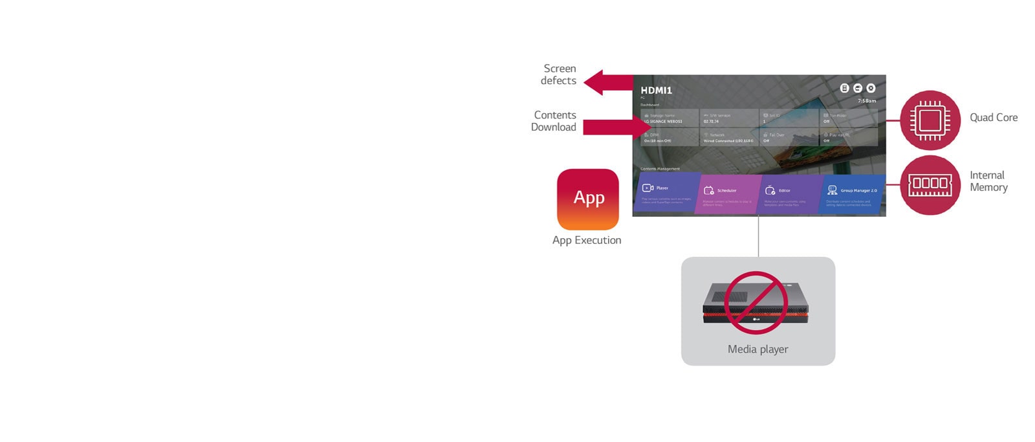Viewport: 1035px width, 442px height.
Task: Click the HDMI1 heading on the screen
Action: coord(656,91)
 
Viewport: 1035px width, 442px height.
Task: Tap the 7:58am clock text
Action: coord(867,101)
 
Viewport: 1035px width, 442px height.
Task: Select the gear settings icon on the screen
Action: coord(871,88)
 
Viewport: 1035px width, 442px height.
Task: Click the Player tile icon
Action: coord(648,188)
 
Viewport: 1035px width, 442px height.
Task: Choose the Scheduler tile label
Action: coord(726,191)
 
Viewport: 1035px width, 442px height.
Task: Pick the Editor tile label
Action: coord(784,191)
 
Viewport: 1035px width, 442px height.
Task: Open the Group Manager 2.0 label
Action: coord(858,191)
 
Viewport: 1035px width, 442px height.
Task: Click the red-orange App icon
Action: coord(587,199)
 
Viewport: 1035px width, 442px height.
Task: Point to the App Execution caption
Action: coord(587,240)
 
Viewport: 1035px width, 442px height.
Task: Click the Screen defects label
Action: coord(559,74)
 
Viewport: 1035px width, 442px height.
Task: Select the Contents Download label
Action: coord(554,121)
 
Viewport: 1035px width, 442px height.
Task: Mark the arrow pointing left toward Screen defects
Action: coord(607,82)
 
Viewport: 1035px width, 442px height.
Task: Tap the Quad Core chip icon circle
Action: coord(930,120)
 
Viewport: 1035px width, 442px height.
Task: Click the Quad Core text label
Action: coord(993,118)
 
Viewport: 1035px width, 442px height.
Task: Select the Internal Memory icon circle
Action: coord(930,185)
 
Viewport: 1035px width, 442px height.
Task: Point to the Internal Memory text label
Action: coord(988,181)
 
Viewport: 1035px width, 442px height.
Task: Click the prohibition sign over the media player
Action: coord(756,302)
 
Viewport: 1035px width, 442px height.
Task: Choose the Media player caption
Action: coord(757,349)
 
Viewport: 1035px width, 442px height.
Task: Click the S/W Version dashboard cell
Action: coord(728,118)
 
